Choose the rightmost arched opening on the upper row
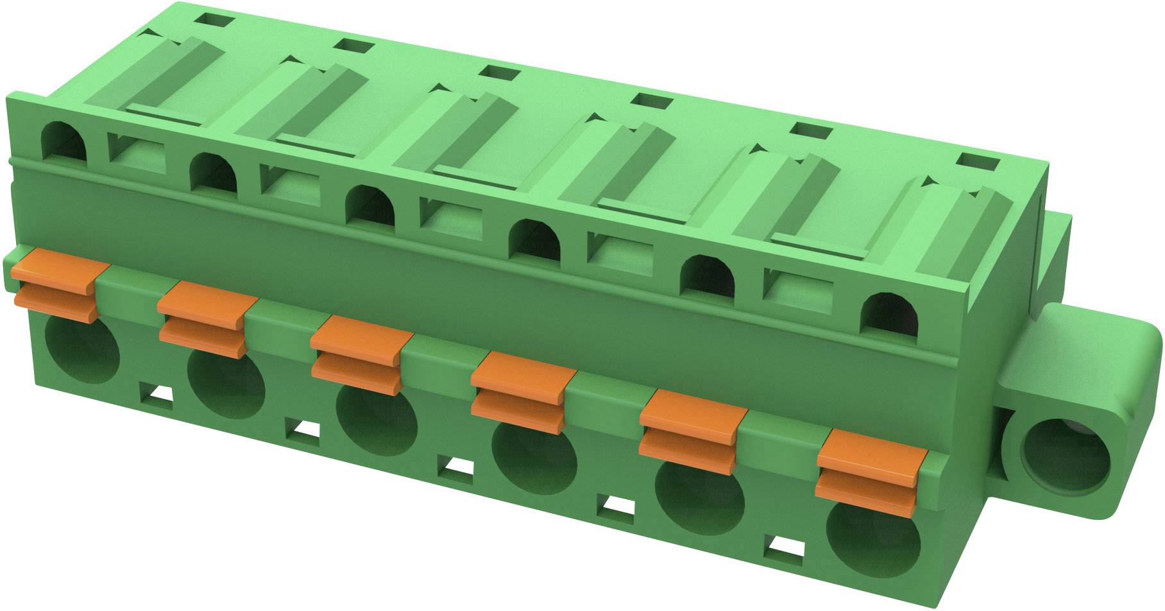point(889,314)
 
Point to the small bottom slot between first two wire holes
point(155,392)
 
